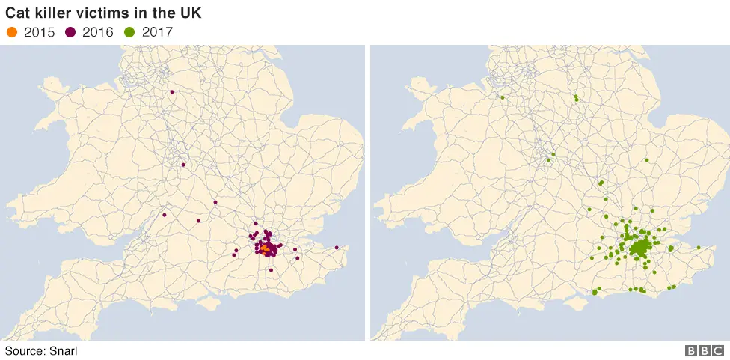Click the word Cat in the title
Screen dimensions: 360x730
tap(18, 13)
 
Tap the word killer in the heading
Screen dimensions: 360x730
tap(50, 13)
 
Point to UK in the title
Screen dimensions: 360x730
tap(191, 13)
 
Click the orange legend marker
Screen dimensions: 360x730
tap(12, 32)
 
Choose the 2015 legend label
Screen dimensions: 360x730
tap(40, 32)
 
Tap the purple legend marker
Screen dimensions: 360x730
tap(73, 32)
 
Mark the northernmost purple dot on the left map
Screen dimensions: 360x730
tap(171, 92)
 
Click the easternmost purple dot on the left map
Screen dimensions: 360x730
tap(337, 248)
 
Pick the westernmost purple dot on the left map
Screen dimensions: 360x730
tap(163, 216)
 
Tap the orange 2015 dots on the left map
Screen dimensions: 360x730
tap(265, 246)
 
